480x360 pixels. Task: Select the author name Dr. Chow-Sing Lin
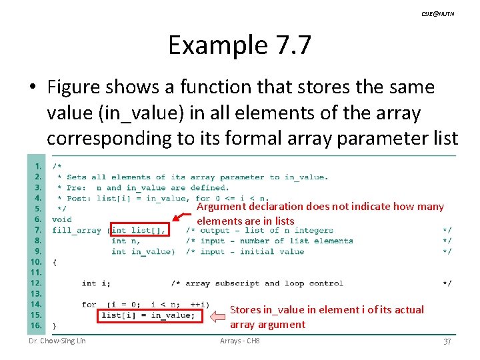coord(57,341)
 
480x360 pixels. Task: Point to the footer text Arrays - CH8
coord(240,341)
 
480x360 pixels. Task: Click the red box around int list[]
coord(139,230)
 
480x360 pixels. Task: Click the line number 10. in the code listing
coord(35,262)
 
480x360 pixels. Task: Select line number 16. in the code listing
coord(35,325)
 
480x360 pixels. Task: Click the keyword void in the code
coord(62,219)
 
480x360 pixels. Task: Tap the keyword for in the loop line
coord(89,305)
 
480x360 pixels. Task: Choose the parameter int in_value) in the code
coord(143,251)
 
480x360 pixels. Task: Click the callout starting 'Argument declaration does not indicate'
coord(320,213)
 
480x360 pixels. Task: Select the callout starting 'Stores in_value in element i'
coord(327,317)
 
